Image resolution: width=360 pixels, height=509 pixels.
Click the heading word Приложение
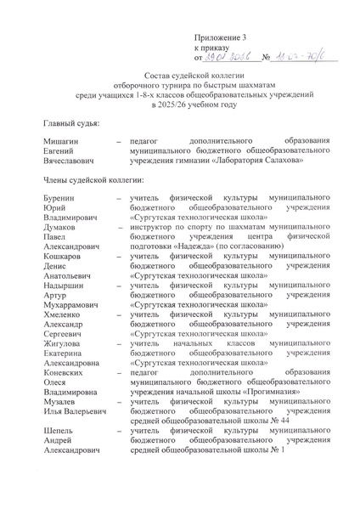pyautogui.click(x=217, y=37)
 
